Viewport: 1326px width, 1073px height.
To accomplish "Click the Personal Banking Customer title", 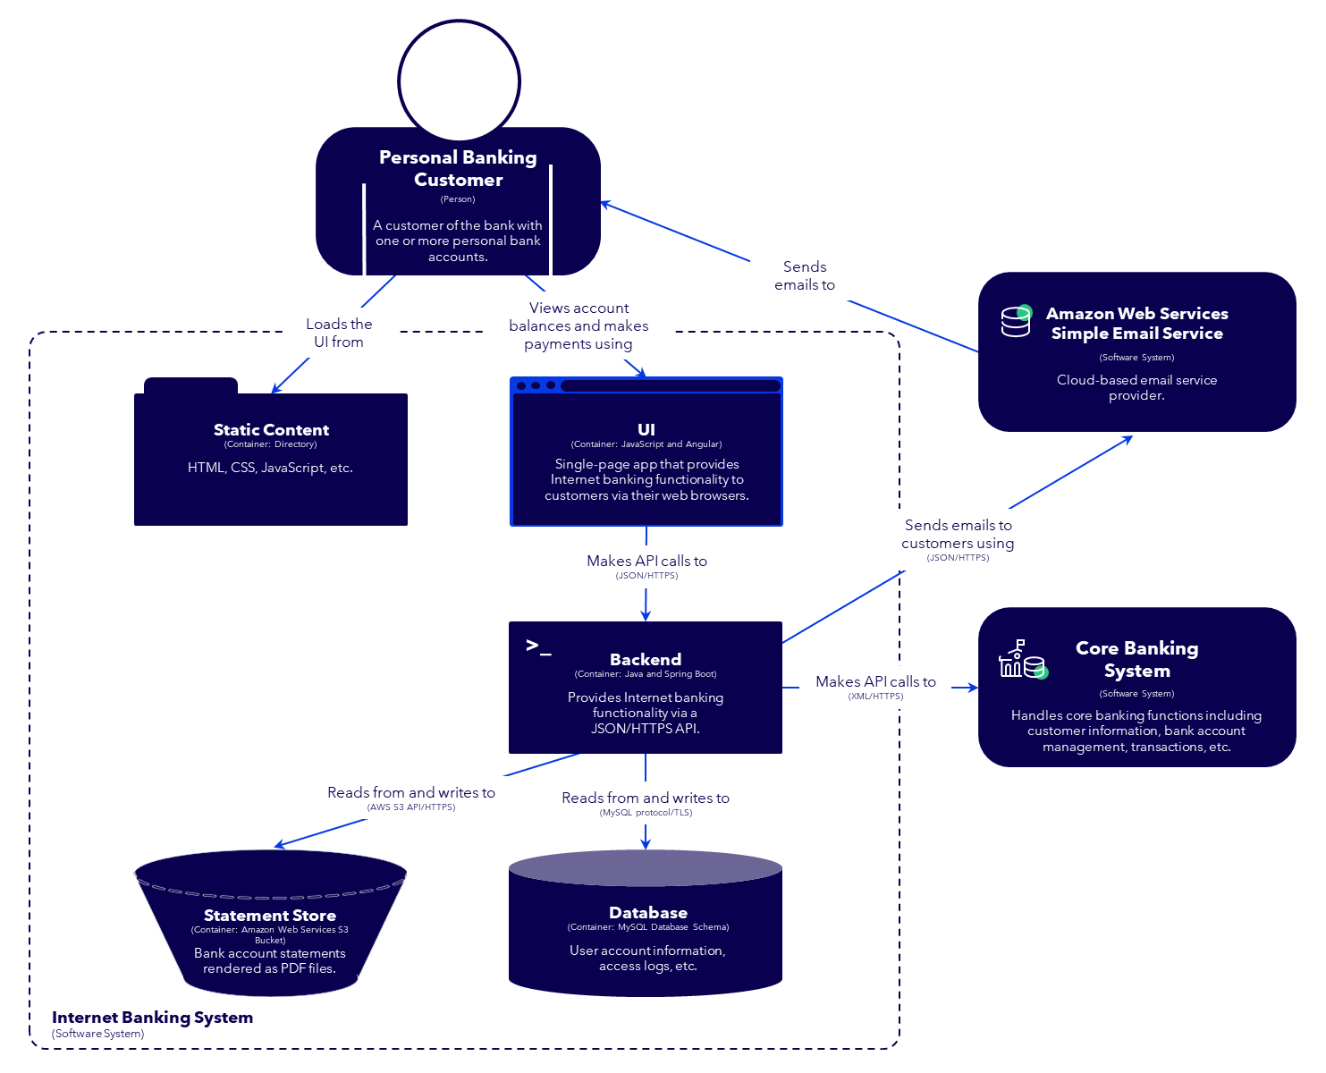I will (x=458, y=168).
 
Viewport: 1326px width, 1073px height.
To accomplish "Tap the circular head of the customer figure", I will (x=459, y=81).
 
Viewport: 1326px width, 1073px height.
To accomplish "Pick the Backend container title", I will (x=646, y=659).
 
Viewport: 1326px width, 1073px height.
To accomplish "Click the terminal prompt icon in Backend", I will (x=538, y=646).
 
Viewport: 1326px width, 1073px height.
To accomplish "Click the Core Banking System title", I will (x=1136, y=659).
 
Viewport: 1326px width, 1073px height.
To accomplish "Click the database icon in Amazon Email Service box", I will (x=1016, y=321).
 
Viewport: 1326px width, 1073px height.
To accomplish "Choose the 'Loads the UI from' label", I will (x=339, y=333).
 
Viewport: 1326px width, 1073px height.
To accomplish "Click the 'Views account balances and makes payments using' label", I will (x=579, y=325).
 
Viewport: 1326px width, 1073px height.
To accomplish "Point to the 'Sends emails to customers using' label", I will (x=958, y=534).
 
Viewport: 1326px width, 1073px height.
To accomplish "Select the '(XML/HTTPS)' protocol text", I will (x=875, y=697).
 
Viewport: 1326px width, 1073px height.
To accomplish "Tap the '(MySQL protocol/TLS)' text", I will (x=646, y=813).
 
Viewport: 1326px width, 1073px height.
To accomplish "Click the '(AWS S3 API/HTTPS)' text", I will (x=411, y=807).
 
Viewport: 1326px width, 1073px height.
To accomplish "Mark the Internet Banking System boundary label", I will (x=152, y=1018).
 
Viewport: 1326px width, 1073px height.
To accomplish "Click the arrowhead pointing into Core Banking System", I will (x=973, y=688).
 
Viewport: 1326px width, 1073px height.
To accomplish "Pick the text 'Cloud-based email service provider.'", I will (x=1136, y=387).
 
